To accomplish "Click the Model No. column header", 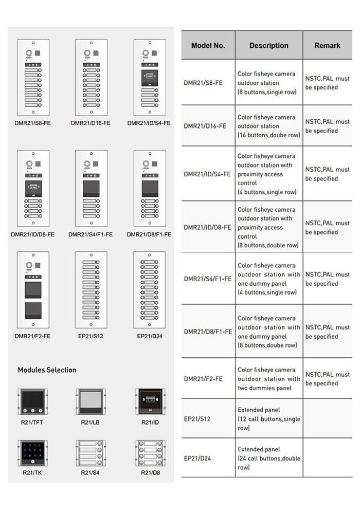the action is [x=208, y=45].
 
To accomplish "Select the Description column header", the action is [x=269, y=45].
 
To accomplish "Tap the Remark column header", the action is [x=327, y=45].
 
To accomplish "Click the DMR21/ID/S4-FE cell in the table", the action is [x=207, y=174].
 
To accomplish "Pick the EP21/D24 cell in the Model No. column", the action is [x=197, y=458].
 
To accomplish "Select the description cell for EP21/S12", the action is [x=269, y=418].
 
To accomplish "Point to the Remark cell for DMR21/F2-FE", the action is [x=328, y=379].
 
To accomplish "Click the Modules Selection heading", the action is [x=47, y=370].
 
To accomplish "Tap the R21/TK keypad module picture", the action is [x=32, y=453].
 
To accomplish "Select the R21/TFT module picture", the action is [x=32, y=401].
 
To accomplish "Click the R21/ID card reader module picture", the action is [x=151, y=401].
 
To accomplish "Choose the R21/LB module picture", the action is [x=91, y=401].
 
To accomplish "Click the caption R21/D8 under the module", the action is [x=151, y=472].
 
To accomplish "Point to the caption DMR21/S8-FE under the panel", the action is [x=32, y=123].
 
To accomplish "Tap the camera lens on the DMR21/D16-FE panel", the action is [x=87, y=53].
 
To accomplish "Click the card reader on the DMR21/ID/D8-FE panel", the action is [x=33, y=188].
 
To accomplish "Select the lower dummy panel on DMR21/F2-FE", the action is [x=33, y=310].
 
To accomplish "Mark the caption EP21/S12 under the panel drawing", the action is [x=91, y=336].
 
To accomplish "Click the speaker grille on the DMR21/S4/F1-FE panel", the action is [x=96, y=163].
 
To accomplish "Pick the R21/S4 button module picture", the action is [x=91, y=453].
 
